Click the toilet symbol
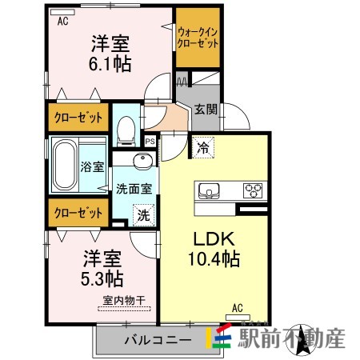tap(126, 131)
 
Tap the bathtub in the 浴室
tap(65, 164)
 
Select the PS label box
tap(150, 141)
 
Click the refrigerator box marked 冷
tap(203, 147)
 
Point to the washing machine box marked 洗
tap(144, 215)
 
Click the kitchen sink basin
tap(209, 191)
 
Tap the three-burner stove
tap(253, 190)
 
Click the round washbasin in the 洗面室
tap(143, 161)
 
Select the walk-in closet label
tap(198, 38)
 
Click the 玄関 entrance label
tap(206, 109)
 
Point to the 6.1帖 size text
tap(110, 63)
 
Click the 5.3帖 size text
tap(102, 278)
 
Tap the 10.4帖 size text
tap(214, 258)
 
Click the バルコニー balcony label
tap(158, 340)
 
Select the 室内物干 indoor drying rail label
tap(124, 301)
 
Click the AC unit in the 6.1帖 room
tap(62, 12)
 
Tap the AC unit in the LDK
tap(238, 318)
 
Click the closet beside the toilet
tap(78, 118)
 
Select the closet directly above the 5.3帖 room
tap(78, 213)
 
